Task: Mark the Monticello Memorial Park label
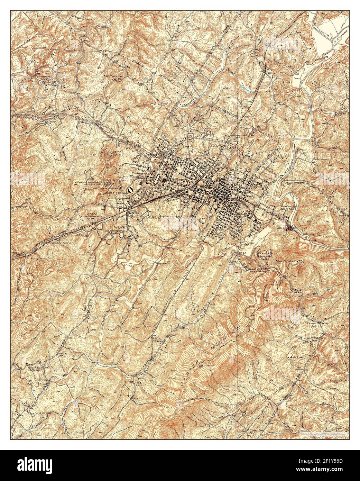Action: (x=266, y=256)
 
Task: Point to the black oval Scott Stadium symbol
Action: (x=130, y=189)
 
